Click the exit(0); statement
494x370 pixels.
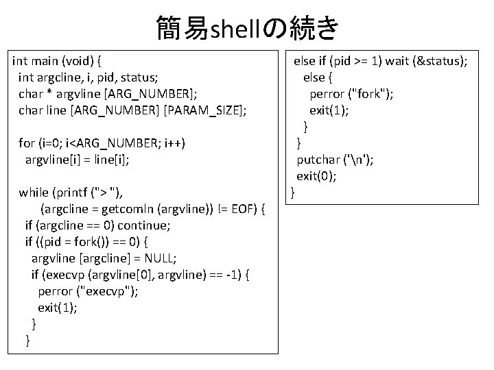(316, 176)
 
